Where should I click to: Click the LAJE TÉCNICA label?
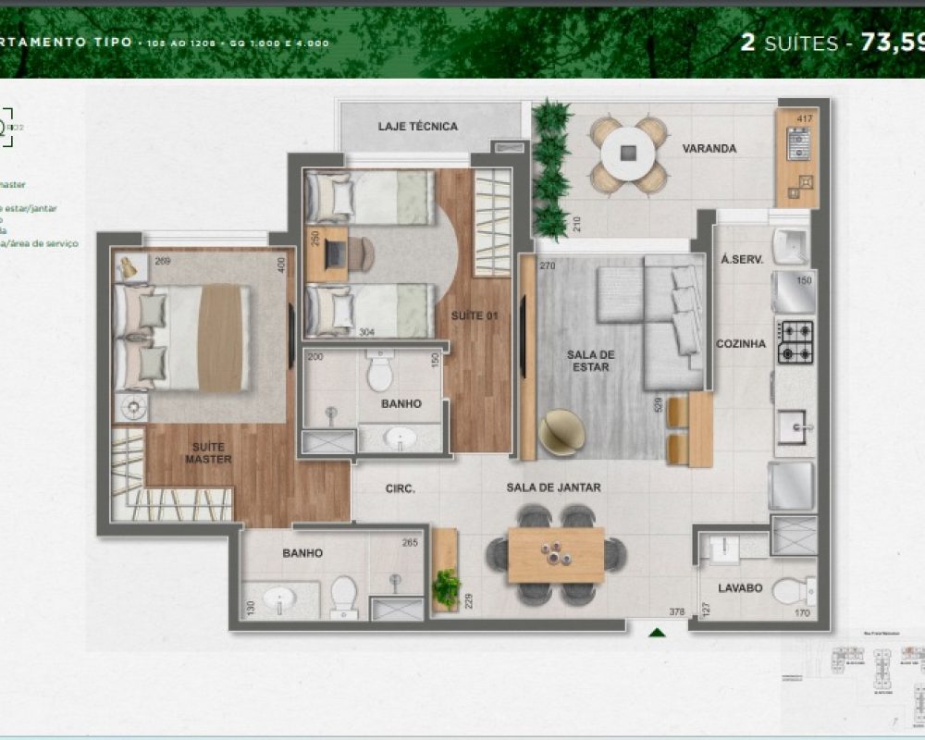pyautogui.click(x=417, y=127)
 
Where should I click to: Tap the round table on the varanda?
pyautogui.click(x=628, y=152)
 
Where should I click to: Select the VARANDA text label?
pyautogui.click(x=709, y=148)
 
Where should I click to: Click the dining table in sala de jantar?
pyautogui.click(x=555, y=554)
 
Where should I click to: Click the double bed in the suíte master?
pyautogui.click(x=183, y=337)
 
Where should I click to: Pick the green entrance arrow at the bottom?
pyautogui.click(x=657, y=634)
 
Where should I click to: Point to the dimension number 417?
pyautogui.click(x=805, y=117)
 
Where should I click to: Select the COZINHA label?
pyautogui.click(x=741, y=343)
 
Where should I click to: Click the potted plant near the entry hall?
pyautogui.click(x=446, y=586)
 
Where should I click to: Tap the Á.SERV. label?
pyautogui.click(x=741, y=261)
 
